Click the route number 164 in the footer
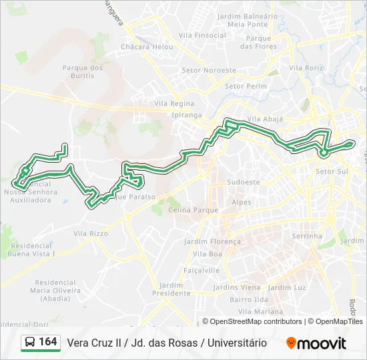point(47,342)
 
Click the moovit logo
point(316,343)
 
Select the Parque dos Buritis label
point(82,72)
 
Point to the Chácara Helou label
point(147,47)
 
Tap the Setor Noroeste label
point(210,70)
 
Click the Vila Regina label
point(174,104)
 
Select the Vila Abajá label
point(265,119)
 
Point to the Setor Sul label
point(332,171)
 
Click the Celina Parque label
point(194,210)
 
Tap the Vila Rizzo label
point(91,233)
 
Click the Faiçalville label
point(202,271)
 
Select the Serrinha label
point(307,236)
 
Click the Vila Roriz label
point(306,68)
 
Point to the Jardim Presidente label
point(171,289)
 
